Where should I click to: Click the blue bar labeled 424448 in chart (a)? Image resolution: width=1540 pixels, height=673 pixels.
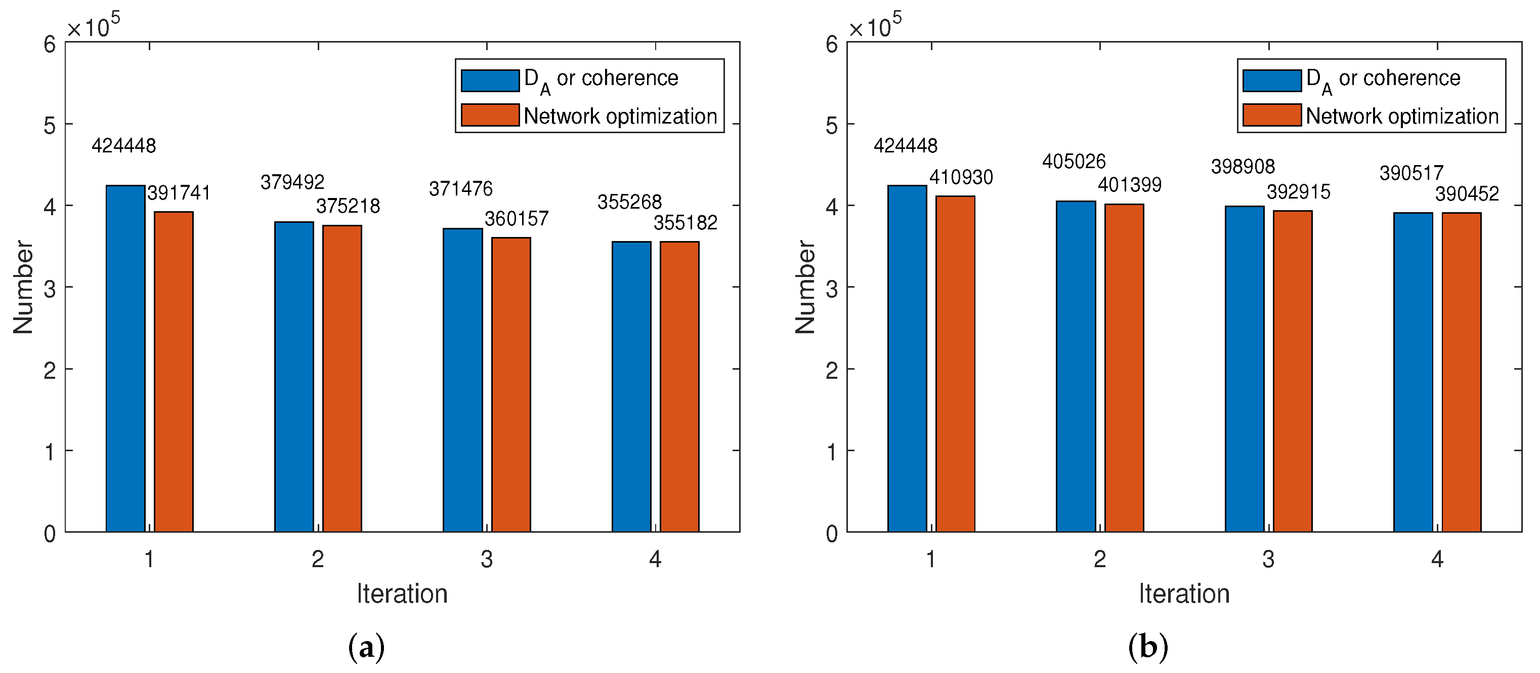click(x=125, y=359)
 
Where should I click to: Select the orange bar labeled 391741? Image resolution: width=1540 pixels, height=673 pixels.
click(x=174, y=371)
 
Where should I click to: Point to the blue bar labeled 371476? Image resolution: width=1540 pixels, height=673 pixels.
click(x=463, y=380)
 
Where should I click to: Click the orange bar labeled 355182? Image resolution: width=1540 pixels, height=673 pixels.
click(x=680, y=386)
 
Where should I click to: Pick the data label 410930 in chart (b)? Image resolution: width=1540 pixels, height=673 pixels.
click(x=961, y=177)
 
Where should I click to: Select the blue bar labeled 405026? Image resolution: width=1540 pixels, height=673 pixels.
click(x=1076, y=366)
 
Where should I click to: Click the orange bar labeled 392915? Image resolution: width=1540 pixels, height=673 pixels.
click(x=1293, y=371)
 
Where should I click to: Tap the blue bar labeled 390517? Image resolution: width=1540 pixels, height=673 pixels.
click(x=1413, y=372)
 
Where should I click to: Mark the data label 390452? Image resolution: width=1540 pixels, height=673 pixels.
click(x=1467, y=194)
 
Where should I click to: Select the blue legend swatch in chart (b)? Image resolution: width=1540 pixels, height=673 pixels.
click(x=1271, y=81)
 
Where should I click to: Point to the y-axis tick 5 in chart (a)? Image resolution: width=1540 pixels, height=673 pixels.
click(x=50, y=126)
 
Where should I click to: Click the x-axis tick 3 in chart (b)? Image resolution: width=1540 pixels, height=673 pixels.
click(x=1268, y=560)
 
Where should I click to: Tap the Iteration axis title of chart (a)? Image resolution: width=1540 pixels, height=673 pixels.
click(x=402, y=594)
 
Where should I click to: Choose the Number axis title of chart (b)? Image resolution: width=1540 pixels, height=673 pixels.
click(x=805, y=287)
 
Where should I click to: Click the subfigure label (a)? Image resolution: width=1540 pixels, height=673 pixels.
click(x=366, y=647)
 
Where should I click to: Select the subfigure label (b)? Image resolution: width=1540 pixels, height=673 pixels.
click(x=1148, y=647)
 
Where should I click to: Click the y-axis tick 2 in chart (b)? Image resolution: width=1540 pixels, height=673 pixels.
click(x=832, y=371)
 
